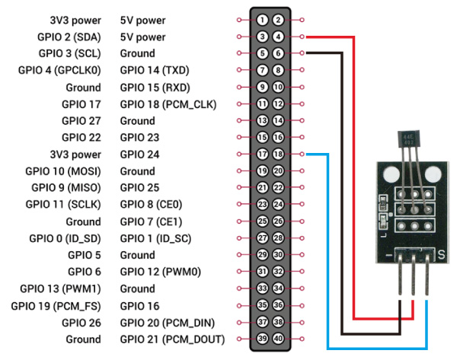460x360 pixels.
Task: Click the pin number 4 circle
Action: coord(279,36)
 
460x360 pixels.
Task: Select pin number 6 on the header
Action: coord(279,53)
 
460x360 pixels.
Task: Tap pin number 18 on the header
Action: coord(279,154)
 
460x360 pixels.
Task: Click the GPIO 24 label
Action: coord(142,154)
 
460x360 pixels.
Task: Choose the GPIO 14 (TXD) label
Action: coord(155,70)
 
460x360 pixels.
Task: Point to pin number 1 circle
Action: coord(262,20)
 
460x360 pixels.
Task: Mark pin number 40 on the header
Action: coord(279,339)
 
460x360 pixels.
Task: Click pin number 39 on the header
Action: coord(262,339)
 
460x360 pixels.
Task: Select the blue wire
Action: coord(327,251)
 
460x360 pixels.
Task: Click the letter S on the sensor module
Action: coord(441,253)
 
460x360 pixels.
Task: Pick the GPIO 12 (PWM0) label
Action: coord(155,272)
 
